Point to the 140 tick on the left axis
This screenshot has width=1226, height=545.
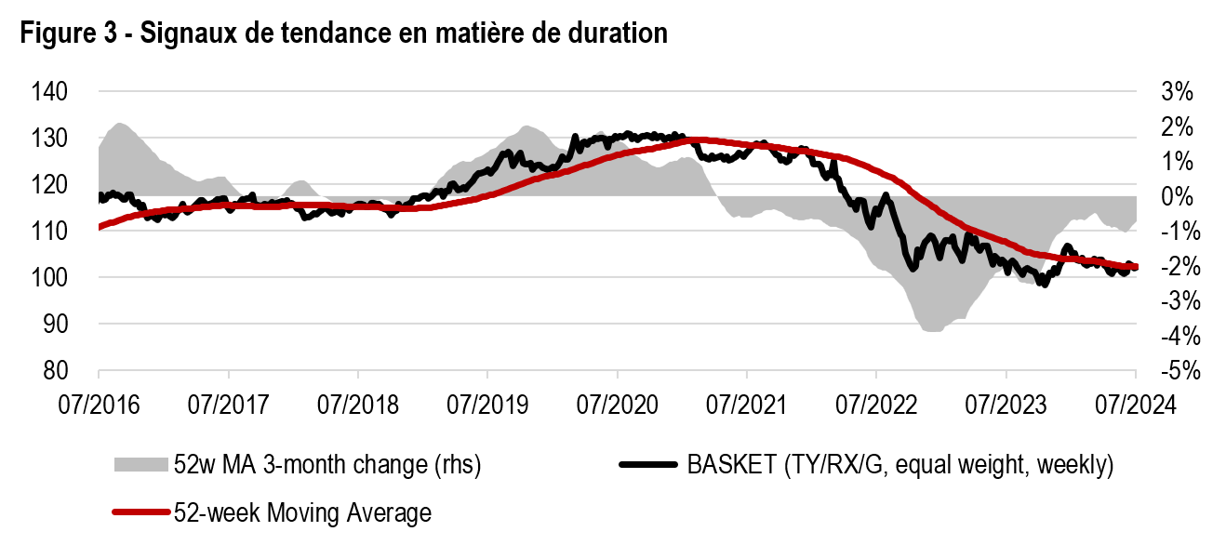[53, 92]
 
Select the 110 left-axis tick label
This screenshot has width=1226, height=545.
[53, 232]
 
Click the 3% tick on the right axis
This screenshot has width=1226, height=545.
[1176, 92]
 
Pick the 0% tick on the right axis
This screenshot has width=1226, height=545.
[1176, 196]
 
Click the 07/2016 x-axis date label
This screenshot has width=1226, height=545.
[98, 405]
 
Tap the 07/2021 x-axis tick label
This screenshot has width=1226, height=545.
[746, 405]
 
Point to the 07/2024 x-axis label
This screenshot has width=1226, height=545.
[1135, 405]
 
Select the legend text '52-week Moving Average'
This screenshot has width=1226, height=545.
[302, 512]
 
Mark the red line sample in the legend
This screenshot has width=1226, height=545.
[140, 512]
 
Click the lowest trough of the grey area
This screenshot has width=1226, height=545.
[930, 329]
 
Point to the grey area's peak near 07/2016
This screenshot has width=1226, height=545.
[118, 124]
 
